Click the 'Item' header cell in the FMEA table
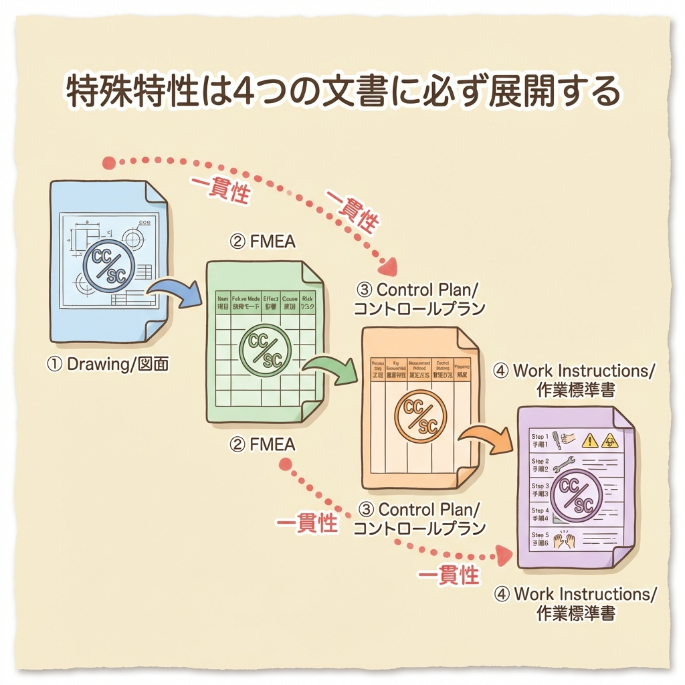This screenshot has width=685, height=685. (223, 302)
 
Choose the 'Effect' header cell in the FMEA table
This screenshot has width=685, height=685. (271, 302)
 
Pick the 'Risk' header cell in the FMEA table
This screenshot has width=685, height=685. (308, 302)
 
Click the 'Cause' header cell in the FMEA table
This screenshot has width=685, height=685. (290, 302)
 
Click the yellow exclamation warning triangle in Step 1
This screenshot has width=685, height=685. (590, 439)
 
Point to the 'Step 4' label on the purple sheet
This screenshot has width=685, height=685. (540, 514)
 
